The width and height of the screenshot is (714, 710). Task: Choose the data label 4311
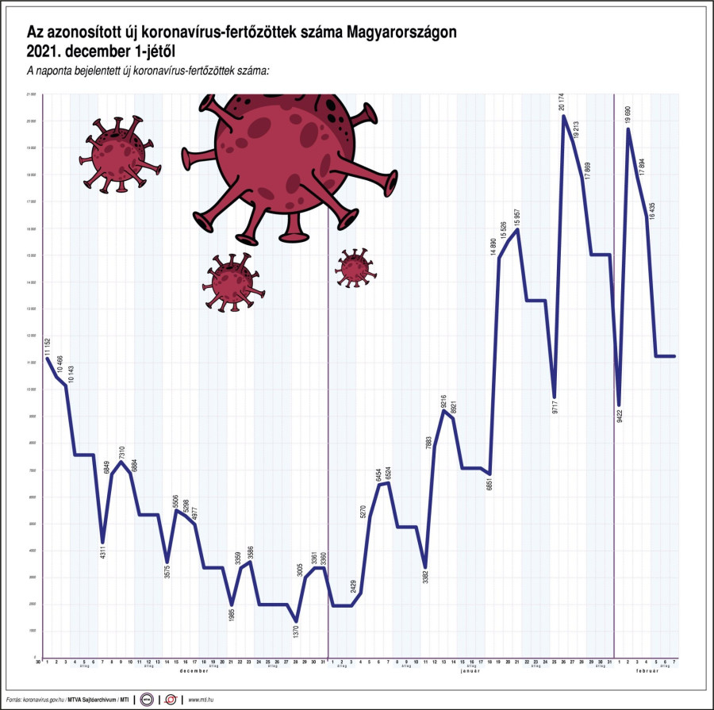[102, 556]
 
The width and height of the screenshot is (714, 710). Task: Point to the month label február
[647, 671]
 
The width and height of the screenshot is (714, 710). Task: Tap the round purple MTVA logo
[147, 700]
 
